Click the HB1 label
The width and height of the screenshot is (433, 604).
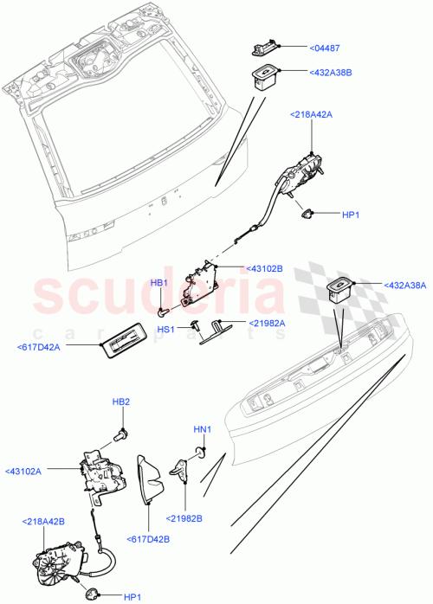click(x=159, y=283)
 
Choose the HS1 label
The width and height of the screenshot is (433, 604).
click(x=165, y=329)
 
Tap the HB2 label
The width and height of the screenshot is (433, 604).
click(x=121, y=402)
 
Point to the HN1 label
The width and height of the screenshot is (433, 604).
click(x=203, y=428)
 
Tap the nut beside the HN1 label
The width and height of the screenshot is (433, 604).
click(x=203, y=452)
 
